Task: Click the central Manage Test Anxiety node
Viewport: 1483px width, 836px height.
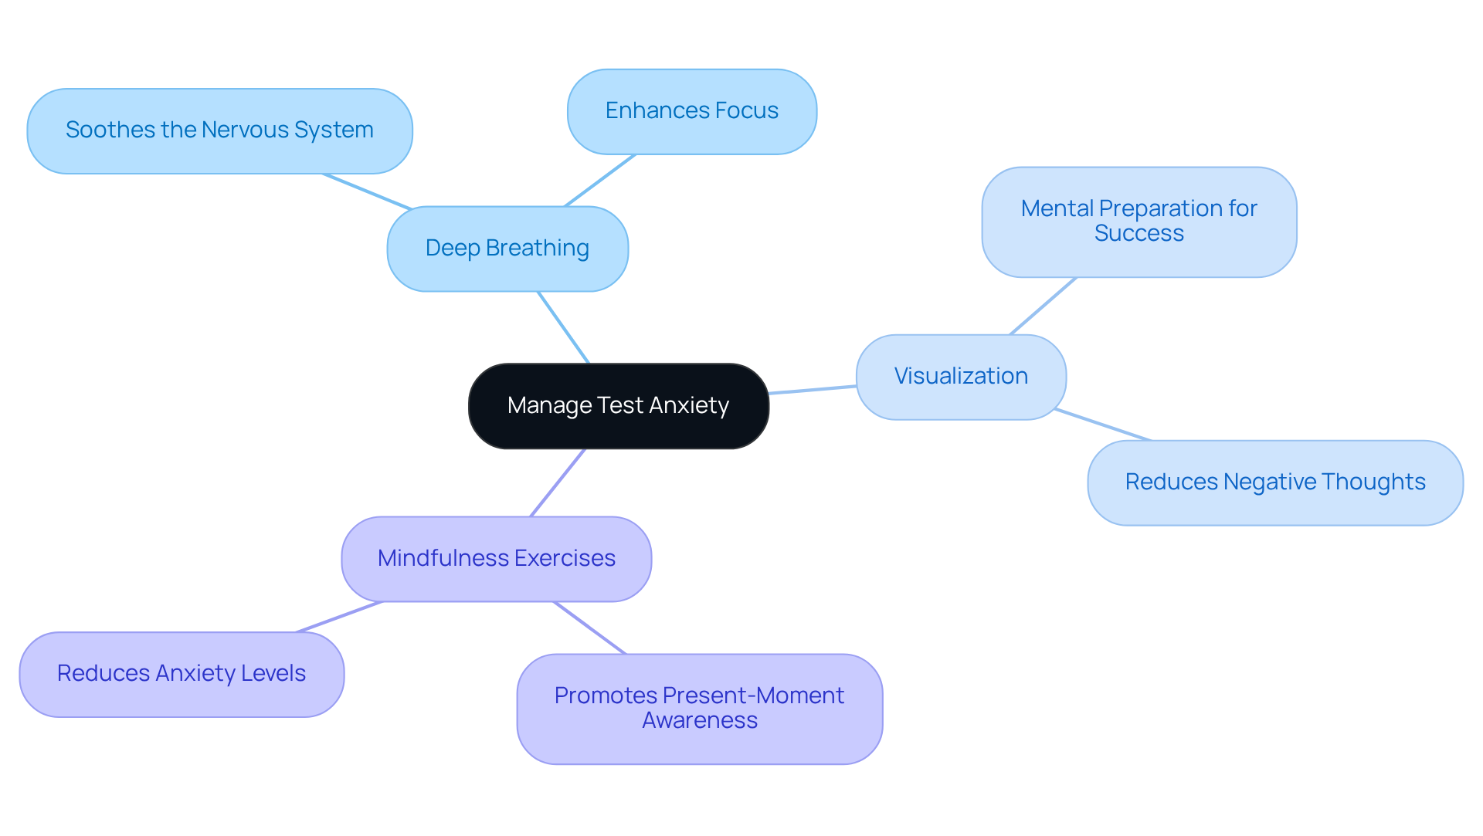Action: click(x=619, y=406)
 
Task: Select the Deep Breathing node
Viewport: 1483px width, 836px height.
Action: click(x=507, y=249)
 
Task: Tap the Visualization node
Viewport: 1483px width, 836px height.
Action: click(x=961, y=377)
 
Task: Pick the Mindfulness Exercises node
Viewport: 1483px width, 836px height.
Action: click(x=497, y=559)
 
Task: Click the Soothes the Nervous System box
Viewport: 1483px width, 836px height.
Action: click(x=220, y=131)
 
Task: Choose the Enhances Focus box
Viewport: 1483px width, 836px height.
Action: click(x=692, y=112)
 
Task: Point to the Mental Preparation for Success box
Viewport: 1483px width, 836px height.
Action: click(x=1139, y=222)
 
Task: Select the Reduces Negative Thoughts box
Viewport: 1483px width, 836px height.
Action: click(x=1275, y=483)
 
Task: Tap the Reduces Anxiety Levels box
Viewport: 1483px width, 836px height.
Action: click(x=182, y=675)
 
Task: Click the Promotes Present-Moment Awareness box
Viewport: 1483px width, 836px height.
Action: click(x=700, y=709)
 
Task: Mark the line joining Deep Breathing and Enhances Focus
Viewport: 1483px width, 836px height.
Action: click(x=600, y=181)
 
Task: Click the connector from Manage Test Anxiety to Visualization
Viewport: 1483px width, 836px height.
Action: click(x=813, y=390)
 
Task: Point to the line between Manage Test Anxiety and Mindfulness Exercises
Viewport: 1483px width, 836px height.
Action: click(x=558, y=482)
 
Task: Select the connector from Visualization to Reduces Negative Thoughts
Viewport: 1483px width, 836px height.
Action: click(x=1103, y=425)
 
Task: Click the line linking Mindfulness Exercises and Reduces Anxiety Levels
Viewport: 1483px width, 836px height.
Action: click(x=340, y=617)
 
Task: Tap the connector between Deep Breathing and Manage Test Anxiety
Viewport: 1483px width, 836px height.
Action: click(x=564, y=327)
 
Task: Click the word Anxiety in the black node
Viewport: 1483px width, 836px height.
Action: click(x=689, y=406)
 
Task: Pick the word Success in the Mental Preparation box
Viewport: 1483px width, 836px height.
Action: click(x=1139, y=234)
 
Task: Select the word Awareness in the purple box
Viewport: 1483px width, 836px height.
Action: click(x=700, y=721)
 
